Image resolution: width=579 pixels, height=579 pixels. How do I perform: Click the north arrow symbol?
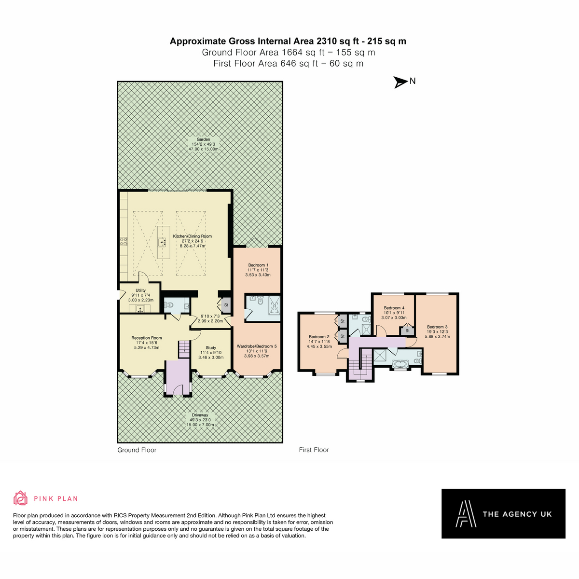[400, 82]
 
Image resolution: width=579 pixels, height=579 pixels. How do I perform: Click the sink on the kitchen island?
[163, 242]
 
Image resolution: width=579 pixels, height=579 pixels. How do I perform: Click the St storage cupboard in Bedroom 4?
[407, 331]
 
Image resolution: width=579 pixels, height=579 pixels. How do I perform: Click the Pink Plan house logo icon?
[20, 498]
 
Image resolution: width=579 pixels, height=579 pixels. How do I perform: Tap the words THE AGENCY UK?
[517, 514]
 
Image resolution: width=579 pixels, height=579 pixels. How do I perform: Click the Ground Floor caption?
[137, 450]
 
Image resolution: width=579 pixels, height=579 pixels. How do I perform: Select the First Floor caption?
[314, 450]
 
